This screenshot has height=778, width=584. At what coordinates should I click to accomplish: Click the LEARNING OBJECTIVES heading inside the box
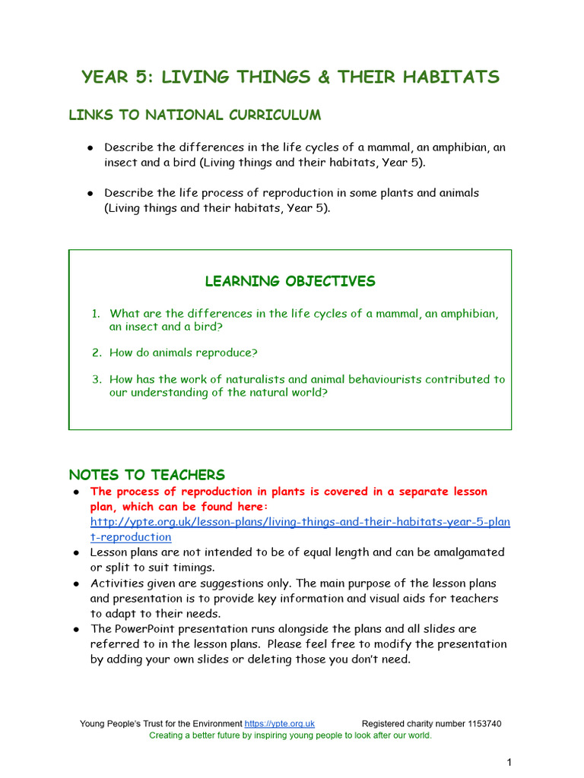tap(290, 281)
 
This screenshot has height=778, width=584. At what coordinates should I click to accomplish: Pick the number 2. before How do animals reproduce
tap(97, 353)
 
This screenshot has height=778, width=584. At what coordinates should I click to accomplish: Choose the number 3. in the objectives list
tap(97, 379)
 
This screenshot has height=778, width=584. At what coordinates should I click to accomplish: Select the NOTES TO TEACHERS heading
tap(147, 475)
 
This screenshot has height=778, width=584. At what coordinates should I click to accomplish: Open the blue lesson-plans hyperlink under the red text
tap(300, 522)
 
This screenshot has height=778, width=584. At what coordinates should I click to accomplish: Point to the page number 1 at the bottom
tap(509, 761)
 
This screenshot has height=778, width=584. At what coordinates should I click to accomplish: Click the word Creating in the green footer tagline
tap(167, 735)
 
